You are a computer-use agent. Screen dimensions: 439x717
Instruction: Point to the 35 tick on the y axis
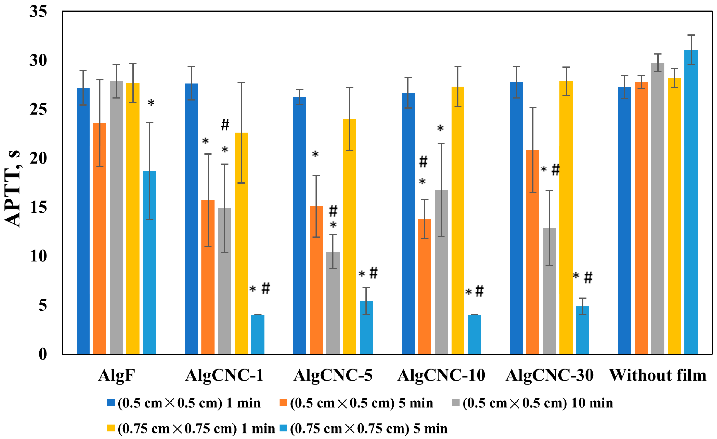pos(38,12)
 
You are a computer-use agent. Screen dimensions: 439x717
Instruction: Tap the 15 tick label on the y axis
pos(38,208)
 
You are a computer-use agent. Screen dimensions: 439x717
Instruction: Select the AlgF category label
pos(116,375)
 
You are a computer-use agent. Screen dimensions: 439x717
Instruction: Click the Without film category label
pos(658,375)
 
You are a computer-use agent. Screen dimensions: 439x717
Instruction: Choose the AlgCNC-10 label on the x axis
pos(441,375)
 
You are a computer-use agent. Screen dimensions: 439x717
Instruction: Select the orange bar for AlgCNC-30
pos(533,252)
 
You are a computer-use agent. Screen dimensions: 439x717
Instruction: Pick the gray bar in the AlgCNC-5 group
pos(333,303)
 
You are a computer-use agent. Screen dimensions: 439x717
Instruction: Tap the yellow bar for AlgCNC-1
pos(241,243)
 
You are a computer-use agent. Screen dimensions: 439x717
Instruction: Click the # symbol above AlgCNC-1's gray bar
pos(225,125)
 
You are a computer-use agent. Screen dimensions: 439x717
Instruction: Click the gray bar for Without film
pos(658,208)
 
